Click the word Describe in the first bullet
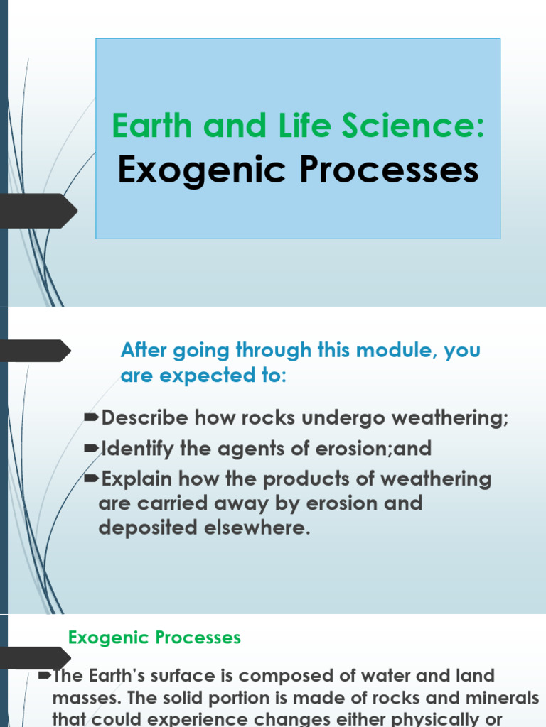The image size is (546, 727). (146, 418)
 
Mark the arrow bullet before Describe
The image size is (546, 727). (92, 418)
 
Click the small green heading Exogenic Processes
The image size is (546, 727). (154, 638)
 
